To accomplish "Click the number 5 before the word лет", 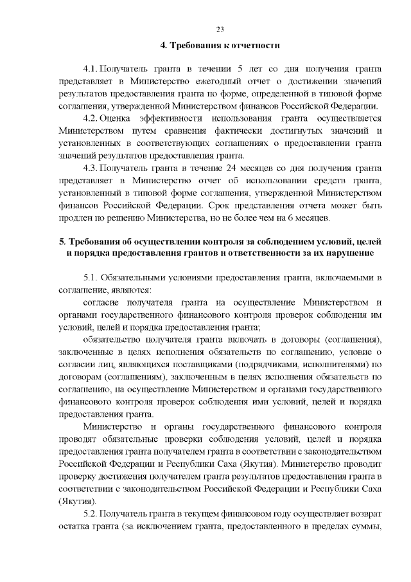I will tap(239, 69).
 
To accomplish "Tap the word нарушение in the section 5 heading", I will tap(348, 253).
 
